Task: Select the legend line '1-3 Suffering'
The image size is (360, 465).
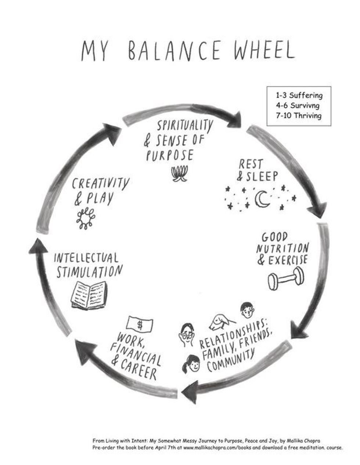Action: click(299, 95)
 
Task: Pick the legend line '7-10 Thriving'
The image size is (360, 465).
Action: click(299, 116)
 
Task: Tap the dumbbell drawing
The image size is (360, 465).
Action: click(285, 278)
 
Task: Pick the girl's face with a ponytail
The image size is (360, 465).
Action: click(191, 364)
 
